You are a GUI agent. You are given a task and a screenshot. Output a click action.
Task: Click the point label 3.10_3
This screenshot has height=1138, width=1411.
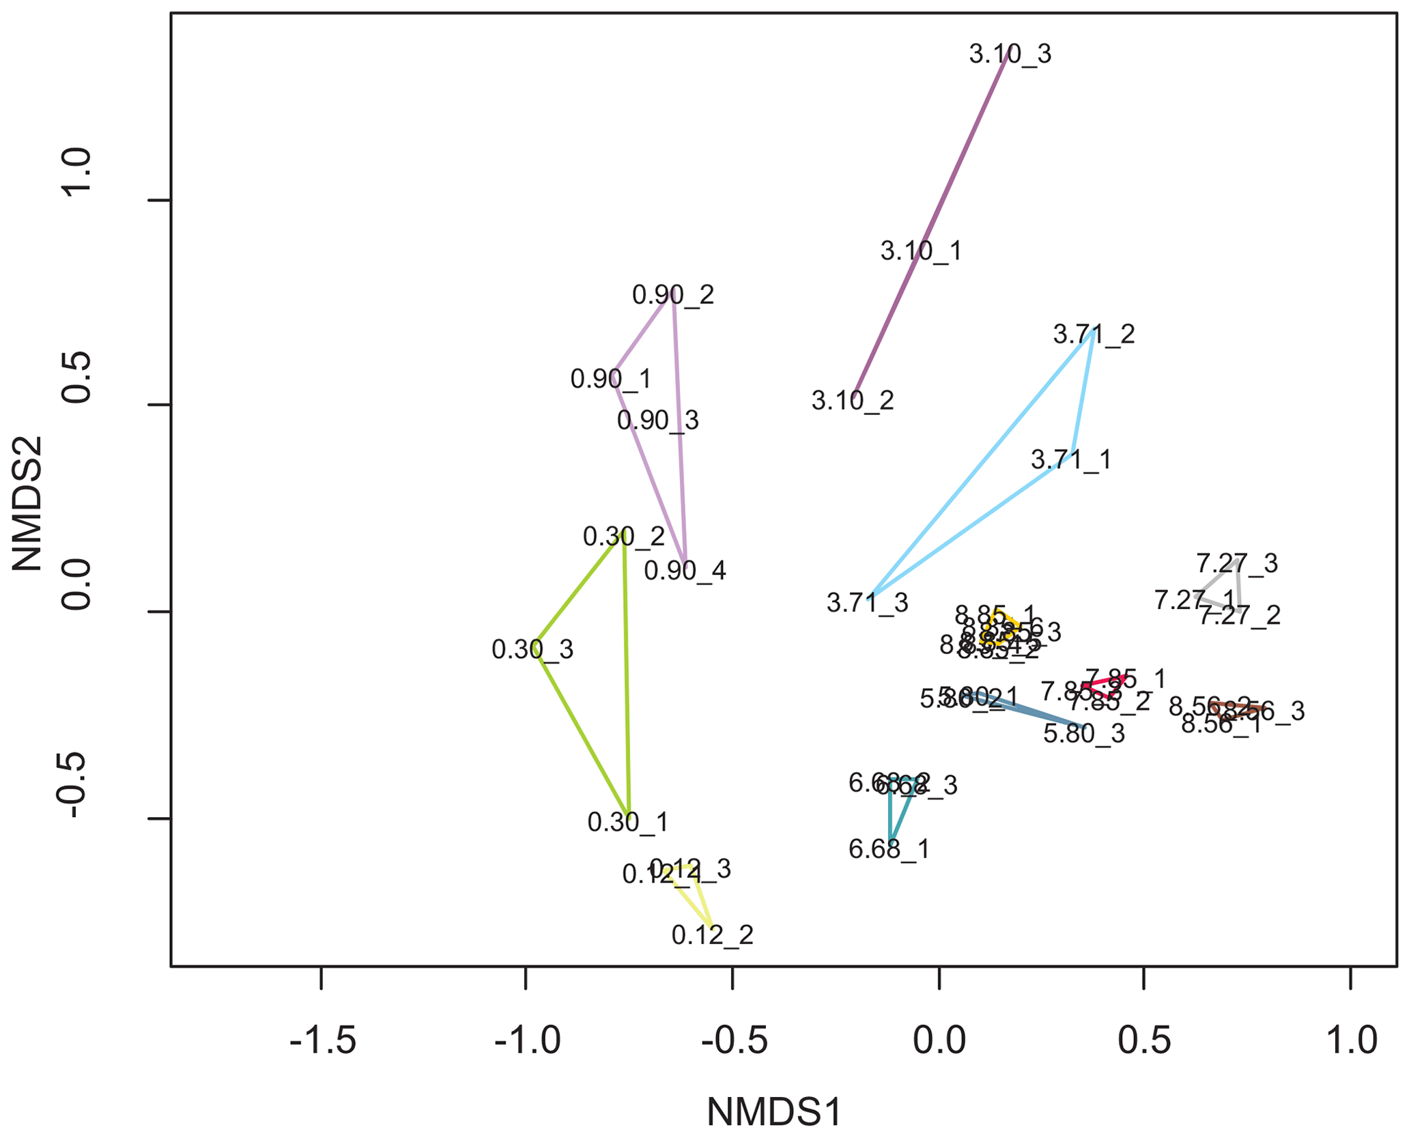point(1010,54)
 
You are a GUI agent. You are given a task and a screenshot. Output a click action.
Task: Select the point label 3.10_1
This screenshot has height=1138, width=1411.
point(921,251)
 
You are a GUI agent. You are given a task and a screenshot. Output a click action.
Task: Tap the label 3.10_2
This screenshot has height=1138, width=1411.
point(853,401)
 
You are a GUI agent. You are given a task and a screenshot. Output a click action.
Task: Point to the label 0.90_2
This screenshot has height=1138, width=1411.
point(673,295)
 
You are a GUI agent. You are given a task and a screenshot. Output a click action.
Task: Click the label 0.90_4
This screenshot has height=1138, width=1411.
point(685,571)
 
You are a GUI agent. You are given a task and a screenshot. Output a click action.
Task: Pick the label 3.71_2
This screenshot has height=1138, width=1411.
point(1094,335)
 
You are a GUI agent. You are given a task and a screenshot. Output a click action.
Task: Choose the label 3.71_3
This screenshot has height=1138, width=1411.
point(867,603)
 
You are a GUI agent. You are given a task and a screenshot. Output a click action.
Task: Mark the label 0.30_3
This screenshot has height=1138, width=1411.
point(532,650)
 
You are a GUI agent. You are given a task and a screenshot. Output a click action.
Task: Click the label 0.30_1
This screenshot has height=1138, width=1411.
point(628,823)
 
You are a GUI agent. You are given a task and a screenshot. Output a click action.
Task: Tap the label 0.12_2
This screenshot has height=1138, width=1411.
point(713,935)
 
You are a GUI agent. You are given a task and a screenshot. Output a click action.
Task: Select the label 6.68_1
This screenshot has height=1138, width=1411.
point(889,849)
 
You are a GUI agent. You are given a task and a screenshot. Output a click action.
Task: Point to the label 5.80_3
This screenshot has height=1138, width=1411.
point(1084,734)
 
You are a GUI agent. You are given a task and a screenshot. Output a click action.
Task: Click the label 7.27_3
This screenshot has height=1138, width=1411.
point(1237,564)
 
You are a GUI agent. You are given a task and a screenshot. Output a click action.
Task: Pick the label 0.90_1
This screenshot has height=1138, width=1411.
point(611,379)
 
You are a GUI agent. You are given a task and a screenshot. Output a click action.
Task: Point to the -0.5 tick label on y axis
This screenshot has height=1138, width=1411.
point(76,786)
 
